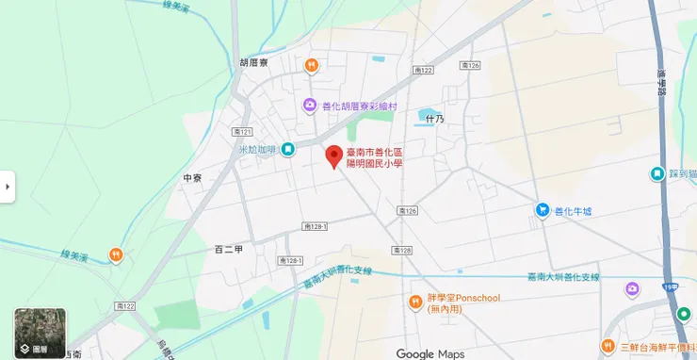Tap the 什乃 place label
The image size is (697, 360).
434,119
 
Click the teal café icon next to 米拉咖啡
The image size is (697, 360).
288,149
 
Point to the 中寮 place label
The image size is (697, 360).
193,177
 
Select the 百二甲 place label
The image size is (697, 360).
229,250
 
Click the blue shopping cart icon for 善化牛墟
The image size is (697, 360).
542,210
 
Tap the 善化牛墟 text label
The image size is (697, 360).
574,210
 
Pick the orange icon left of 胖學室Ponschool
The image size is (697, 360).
414,302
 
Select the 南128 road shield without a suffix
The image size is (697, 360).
402,250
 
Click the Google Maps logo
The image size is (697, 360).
430,353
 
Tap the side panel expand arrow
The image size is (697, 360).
8,187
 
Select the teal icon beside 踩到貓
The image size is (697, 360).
656,174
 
